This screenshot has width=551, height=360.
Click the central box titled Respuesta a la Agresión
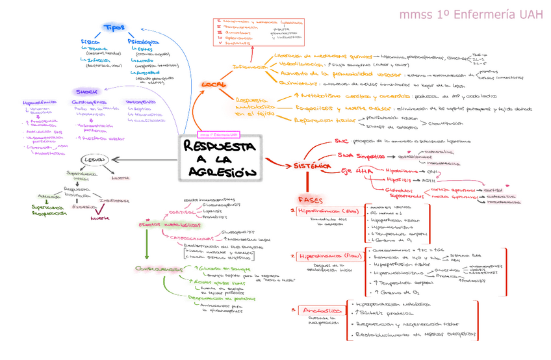(x=220, y=159)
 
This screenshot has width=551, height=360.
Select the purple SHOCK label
(x=85, y=92)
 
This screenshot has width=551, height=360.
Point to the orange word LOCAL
(x=214, y=85)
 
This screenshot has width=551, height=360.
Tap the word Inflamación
(x=250, y=67)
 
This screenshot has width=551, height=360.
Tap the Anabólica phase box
(x=321, y=311)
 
